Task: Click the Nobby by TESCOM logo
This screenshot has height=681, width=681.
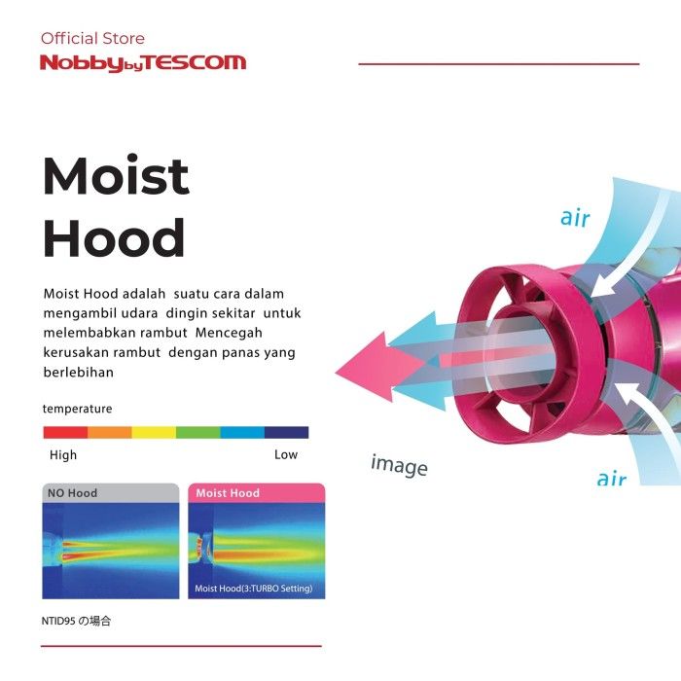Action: pyautogui.click(x=143, y=63)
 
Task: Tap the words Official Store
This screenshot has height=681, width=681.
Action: pyautogui.click(x=92, y=38)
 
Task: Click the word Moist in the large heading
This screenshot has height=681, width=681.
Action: pyautogui.click(x=116, y=175)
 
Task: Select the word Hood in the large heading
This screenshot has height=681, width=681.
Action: pyautogui.click(x=114, y=237)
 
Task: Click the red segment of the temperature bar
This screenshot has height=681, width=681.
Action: pyautogui.click(x=65, y=432)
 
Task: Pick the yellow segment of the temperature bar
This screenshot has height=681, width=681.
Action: pyautogui.click(x=154, y=432)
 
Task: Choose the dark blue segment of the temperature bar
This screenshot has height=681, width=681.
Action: pyautogui.click(x=287, y=432)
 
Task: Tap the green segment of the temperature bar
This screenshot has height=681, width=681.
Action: pyautogui.click(x=198, y=432)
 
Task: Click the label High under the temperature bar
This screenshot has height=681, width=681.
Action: pyautogui.click(x=63, y=454)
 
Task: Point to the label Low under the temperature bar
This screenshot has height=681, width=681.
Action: pyautogui.click(x=286, y=454)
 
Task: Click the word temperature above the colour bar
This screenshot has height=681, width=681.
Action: pyautogui.click(x=77, y=409)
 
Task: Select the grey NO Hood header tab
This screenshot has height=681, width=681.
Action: pyautogui.click(x=111, y=493)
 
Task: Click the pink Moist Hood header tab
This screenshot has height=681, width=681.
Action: pyautogui.click(x=256, y=493)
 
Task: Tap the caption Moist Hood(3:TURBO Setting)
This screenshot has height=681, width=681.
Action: pyautogui.click(x=254, y=589)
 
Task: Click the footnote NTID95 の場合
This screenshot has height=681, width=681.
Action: pyautogui.click(x=76, y=621)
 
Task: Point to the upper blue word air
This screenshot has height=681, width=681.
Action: pyautogui.click(x=575, y=218)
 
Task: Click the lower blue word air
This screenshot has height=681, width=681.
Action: pyautogui.click(x=612, y=479)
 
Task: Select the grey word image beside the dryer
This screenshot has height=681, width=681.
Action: pyautogui.click(x=399, y=466)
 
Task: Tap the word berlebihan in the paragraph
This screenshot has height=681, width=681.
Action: pyautogui.click(x=79, y=373)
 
